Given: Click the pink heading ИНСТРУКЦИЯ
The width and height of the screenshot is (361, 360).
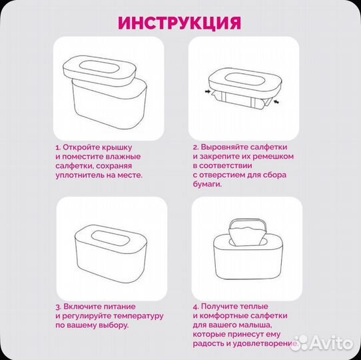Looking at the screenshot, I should click(179, 23).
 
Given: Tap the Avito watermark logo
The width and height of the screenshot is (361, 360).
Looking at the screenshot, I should click(324, 342).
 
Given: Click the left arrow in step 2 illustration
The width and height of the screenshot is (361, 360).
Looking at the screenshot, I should click(208, 91).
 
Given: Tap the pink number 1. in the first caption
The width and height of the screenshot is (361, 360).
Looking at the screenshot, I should click(58, 147).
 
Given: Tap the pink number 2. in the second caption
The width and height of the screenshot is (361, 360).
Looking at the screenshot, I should click(196, 147).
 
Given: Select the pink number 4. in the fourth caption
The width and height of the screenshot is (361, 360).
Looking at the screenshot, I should click(196, 305).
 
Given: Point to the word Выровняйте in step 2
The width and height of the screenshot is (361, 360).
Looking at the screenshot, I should click(226, 147).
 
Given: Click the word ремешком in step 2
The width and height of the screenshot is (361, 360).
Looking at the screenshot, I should click(272, 156).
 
